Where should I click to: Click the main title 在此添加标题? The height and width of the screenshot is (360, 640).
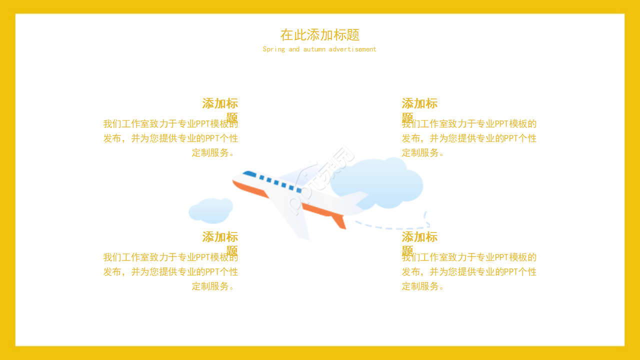coord(320,35)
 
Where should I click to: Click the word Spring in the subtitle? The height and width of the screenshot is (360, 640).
coord(274,49)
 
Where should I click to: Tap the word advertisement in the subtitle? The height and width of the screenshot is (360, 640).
coord(352,49)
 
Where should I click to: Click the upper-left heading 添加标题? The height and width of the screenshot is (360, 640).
coord(220,104)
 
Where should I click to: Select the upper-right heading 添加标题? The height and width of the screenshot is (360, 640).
coord(419,104)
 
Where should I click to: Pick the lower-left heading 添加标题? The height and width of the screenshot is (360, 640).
coord(220,237)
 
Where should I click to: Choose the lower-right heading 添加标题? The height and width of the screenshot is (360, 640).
coord(419,237)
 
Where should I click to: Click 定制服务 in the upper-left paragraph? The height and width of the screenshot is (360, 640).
coord(210,153)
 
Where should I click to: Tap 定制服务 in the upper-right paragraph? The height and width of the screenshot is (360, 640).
coord(420,153)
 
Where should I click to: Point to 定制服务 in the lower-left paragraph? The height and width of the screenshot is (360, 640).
coord(210,286)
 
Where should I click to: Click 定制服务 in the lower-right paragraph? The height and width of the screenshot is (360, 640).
coord(420,286)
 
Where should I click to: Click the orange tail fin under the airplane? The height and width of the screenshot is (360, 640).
coord(339,221)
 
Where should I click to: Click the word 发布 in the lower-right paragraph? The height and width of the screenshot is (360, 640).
coord(411,272)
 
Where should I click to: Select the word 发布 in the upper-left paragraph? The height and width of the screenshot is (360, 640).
coord(112,138)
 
